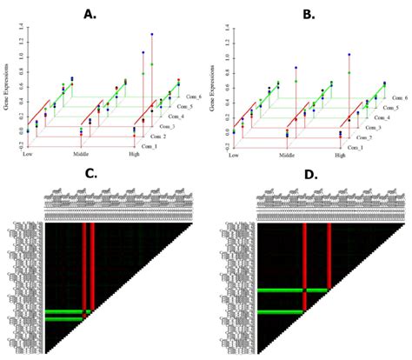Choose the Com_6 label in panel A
pyautogui.click(x=192, y=97)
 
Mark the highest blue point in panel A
pyautogui.click(x=151, y=35)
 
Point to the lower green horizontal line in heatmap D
pyautogui.click(x=280, y=311)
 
